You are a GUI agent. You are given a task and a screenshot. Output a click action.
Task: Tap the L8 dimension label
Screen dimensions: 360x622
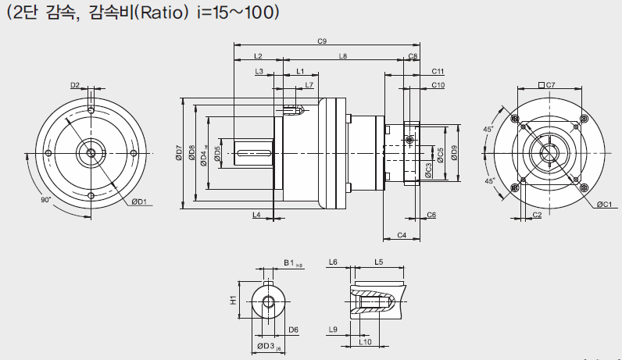pos(343,56)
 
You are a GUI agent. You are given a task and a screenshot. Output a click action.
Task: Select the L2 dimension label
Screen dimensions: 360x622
pos(259,56)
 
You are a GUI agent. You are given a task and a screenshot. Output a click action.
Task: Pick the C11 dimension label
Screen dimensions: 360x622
pos(438,71)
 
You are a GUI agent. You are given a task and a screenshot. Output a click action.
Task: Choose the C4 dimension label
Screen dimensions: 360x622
pos(402,234)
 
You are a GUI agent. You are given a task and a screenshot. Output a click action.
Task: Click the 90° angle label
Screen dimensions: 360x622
pos(45,200)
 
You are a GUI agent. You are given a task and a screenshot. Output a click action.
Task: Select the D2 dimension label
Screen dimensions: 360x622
pos(75,84)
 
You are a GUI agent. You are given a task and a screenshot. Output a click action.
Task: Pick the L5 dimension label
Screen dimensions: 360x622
pos(378,262)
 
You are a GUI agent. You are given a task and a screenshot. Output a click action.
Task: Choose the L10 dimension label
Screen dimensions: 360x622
pos(364,341)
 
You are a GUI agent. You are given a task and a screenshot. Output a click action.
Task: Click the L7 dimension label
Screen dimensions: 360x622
pos(309,84)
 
